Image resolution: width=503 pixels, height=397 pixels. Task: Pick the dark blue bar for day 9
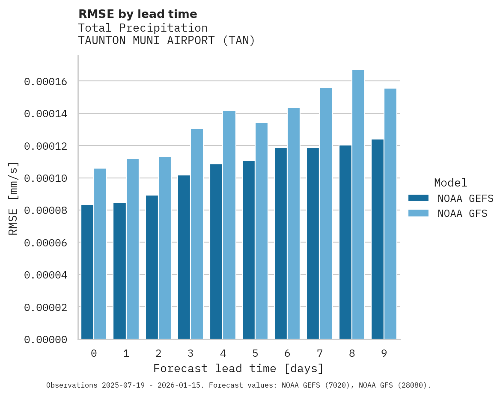pyautogui.click(x=378, y=239)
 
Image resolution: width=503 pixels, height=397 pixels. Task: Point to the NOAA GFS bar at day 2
pyautogui.click(x=165, y=248)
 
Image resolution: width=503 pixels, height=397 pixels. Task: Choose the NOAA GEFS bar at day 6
pyautogui.click(x=281, y=243)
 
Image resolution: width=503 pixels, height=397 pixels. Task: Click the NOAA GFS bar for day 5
pyautogui.click(x=262, y=231)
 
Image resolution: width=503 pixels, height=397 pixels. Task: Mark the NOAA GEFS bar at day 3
pyautogui.click(x=184, y=257)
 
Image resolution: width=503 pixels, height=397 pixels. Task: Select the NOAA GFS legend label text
pyautogui.click(x=462, y=213)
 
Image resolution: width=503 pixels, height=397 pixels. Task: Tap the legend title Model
pyautogui.click(x=450, y=183)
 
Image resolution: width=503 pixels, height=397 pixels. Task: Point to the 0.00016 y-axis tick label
pyautogui.click(x=45, y=81)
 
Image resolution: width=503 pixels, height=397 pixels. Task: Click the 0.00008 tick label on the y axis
pyautogui.click(x=45, y=210)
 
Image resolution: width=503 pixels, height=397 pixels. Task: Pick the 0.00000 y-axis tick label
pyautogui.click(x=45, y=340)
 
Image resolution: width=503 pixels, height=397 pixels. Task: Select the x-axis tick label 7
pyautogui.click(x=320, y=353)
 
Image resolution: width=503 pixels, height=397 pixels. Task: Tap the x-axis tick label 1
pyautogui.click(x=126, y=353)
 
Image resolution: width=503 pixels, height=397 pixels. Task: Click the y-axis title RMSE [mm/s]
pyautogui.click(x=13, y=198)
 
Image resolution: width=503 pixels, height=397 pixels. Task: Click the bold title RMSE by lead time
pyautogui.click(x=138, y=14)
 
